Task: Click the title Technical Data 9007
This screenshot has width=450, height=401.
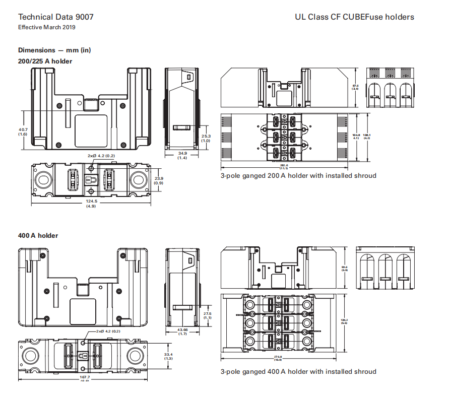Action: point(55,17)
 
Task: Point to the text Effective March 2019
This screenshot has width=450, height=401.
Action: point(47,27)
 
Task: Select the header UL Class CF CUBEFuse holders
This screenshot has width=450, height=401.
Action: point(354,17)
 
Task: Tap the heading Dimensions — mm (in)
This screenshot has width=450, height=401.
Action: point(54,50)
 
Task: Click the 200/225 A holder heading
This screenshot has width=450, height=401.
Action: point(45,61)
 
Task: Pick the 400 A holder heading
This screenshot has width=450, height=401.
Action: point(38,235)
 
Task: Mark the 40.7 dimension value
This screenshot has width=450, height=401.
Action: point(23,129)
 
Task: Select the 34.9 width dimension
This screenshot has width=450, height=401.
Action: point(182,153)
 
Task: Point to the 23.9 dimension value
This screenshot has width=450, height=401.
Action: point(158,178)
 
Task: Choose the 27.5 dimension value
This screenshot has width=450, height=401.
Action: point(207,313)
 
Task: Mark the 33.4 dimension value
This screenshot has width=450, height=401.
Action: point(169,354)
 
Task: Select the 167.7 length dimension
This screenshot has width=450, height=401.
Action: point(85,377)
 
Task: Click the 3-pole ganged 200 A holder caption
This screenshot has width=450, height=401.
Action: point(298,176)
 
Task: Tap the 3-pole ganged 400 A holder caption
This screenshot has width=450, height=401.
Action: point(298,372)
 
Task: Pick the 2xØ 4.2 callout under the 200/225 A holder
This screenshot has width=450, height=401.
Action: point(101,156)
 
